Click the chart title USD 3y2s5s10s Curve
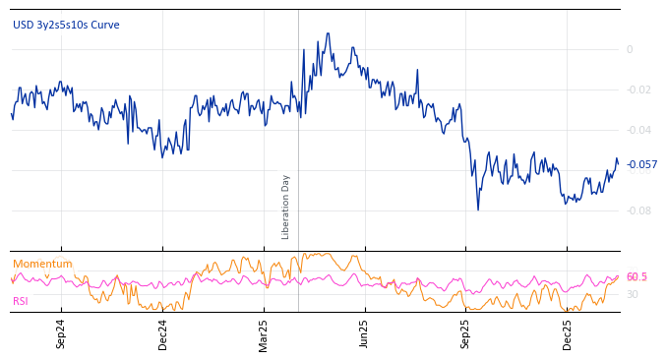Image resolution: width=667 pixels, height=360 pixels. [66, 25]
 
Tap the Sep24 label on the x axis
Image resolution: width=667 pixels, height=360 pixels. [61, 333]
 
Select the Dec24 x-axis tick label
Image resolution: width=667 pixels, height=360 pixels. [162, 333]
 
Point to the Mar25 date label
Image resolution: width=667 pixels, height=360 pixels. [264, 333]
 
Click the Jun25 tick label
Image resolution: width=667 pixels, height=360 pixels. [365, 333]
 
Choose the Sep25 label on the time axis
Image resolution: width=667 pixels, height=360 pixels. [466, 333]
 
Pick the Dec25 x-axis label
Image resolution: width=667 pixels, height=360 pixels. [568, 333]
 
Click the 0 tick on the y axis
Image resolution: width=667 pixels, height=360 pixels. [630, 49]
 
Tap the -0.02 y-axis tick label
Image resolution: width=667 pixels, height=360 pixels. [637, 90]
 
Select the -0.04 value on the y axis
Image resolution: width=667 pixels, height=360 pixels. [637, 130]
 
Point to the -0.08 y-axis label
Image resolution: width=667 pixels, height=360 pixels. [637, 210]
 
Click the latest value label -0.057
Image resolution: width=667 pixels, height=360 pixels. [641, 164]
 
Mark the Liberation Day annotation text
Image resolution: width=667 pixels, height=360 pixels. [286, 207]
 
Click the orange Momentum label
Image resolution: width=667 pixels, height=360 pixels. [42, 264]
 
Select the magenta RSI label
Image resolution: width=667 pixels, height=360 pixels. [21, 301]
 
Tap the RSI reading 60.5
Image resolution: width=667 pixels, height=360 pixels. [637, 276]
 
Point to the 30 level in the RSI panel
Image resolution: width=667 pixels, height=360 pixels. [633, 294]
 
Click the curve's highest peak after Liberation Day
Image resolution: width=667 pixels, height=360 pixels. [328, 33]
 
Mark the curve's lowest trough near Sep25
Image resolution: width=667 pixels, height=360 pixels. [478, 210]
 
